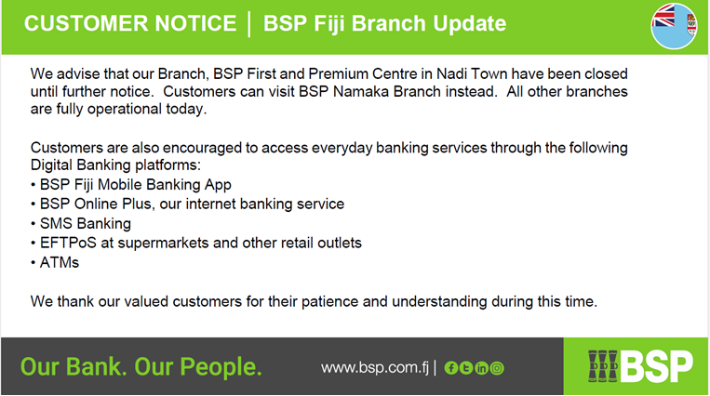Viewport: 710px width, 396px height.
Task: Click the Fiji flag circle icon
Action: click(x=674, y=26)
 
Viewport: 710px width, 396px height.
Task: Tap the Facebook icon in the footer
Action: click(x=451, y=368)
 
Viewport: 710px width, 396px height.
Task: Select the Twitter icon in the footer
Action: click(x=466, y=368)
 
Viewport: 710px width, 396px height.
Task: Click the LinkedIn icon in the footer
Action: click(x=481, y=368)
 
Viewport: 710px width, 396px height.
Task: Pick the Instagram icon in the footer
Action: click(x=497, y=368)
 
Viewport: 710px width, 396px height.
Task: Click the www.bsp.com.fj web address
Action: click(x=374, y=367)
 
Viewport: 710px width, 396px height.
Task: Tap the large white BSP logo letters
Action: click(x=656, y=366)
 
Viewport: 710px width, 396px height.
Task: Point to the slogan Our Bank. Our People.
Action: click(x=141, y=366)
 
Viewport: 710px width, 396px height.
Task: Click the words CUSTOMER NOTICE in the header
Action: click(x=130, y=23)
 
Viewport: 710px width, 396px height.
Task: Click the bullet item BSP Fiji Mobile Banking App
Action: click(x=135, y=185)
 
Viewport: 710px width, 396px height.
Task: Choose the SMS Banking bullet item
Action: click(x=85, y=224)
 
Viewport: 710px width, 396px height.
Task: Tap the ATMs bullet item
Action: click(x=60, y=262)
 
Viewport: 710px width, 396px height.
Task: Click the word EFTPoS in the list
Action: click(x=68, y=243)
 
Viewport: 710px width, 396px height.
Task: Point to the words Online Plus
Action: click(x=113, y=205)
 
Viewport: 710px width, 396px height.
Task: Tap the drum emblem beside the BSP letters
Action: click(x=603, y=366)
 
